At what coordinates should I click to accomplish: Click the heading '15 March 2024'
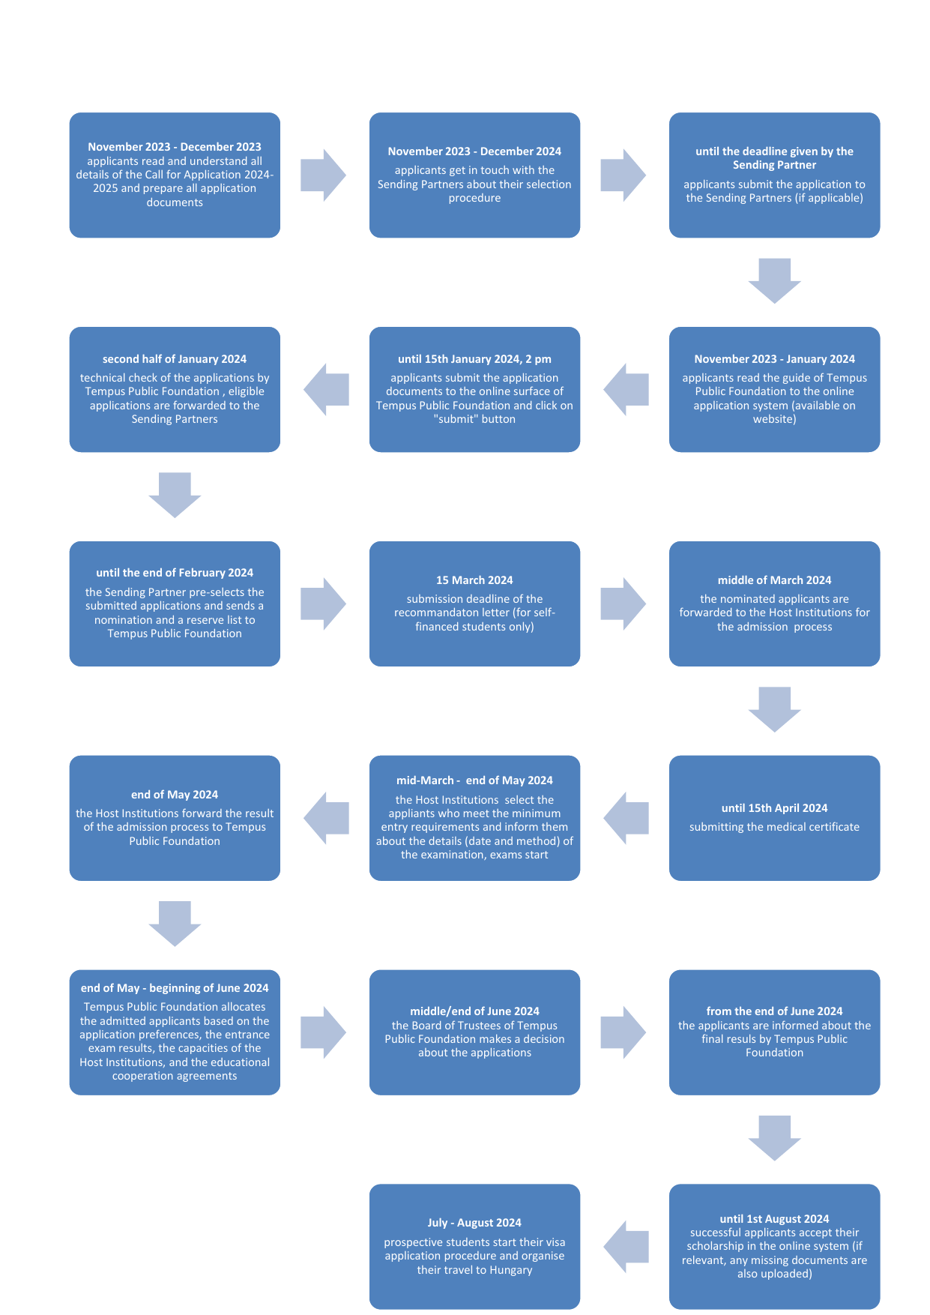tap(474, 580)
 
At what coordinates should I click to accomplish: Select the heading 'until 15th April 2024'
tap(774, 808)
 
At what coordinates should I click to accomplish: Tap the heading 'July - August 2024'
tap(474, 1223)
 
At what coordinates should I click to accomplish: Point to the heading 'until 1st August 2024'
tap(774, 1219)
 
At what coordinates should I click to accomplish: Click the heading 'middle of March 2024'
tap(774, 580)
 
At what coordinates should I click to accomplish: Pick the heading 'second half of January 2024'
tap(175, 359)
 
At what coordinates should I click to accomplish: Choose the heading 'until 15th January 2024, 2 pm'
tap(474, 359)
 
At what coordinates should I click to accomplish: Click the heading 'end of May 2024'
tap(175, 795)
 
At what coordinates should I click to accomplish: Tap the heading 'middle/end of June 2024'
tap(474, 1011)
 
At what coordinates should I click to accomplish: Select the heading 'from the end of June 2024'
tap(774, 1011)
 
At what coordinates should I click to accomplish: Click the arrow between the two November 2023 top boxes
tap(323, 175)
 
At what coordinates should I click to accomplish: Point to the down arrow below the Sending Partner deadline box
tap(774, 280)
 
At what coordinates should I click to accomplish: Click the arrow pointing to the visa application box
tap(626, 1247)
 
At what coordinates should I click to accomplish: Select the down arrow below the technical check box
tap(175, 495)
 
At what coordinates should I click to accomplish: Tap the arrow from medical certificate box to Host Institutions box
tap(626, 818)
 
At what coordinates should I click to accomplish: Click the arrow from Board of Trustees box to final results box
tap(623, 1032)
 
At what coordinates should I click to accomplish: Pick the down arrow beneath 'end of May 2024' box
tap(175, 923)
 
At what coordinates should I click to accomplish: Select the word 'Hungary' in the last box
tap(511, 1270)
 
